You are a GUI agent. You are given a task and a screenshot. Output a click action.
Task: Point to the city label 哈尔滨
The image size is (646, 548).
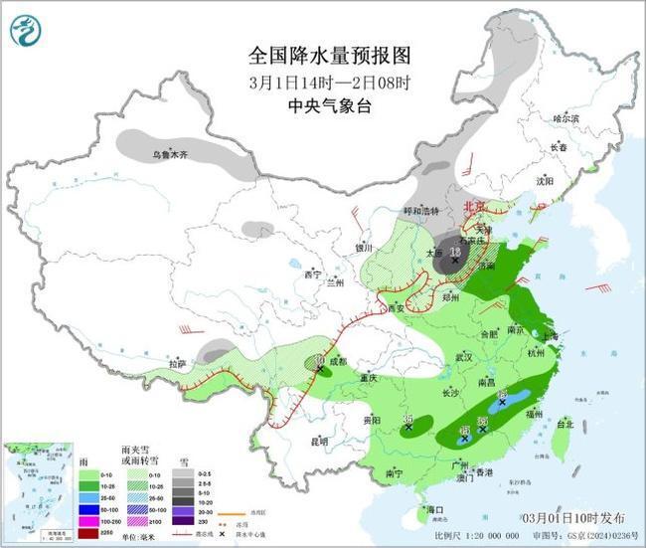point(565,118)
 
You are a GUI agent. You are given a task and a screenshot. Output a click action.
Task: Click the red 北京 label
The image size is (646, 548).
point(475,207)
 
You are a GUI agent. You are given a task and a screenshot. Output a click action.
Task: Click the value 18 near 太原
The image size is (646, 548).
point(456,254)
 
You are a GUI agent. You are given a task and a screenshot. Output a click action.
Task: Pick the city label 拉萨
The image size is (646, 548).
point(177,364)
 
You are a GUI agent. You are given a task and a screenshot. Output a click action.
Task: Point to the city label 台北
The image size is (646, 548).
point(565,424)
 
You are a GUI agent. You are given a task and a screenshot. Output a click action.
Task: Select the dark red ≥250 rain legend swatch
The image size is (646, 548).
point(86,534)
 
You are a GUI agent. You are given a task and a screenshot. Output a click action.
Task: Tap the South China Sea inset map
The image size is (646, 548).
point(37,492)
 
